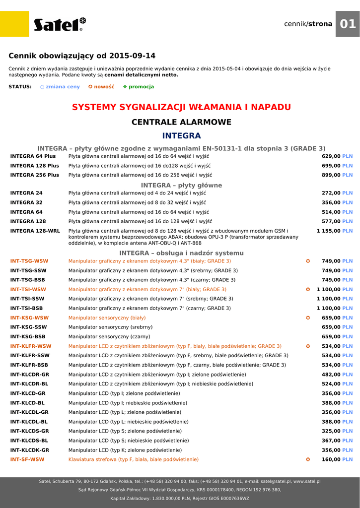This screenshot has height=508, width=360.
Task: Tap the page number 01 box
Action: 348,24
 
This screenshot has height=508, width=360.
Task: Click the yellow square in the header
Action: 14,24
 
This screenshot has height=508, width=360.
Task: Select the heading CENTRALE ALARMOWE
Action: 181,122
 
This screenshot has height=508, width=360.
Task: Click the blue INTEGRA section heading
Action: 181,136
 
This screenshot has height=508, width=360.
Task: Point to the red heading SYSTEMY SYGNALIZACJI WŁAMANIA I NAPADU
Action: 181,107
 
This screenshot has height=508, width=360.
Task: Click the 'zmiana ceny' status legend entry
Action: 60,87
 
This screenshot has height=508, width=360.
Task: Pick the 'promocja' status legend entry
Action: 139,87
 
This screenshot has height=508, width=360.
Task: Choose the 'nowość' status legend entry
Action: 101,87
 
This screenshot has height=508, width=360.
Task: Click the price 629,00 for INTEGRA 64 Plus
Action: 331,156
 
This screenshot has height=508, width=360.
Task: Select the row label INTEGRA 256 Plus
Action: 35,175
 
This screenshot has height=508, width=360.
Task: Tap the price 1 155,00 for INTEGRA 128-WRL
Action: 328,231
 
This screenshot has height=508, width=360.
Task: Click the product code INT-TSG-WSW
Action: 29,261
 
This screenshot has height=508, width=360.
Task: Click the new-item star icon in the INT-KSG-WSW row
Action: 308,317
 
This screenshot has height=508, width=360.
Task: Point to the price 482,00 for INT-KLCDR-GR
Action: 331,375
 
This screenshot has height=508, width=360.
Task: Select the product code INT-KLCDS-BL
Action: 29,441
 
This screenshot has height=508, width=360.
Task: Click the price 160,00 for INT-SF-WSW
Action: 331,459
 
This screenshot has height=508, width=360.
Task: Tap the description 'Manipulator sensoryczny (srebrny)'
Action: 110,327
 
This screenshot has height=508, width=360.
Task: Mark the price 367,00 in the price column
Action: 331,441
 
